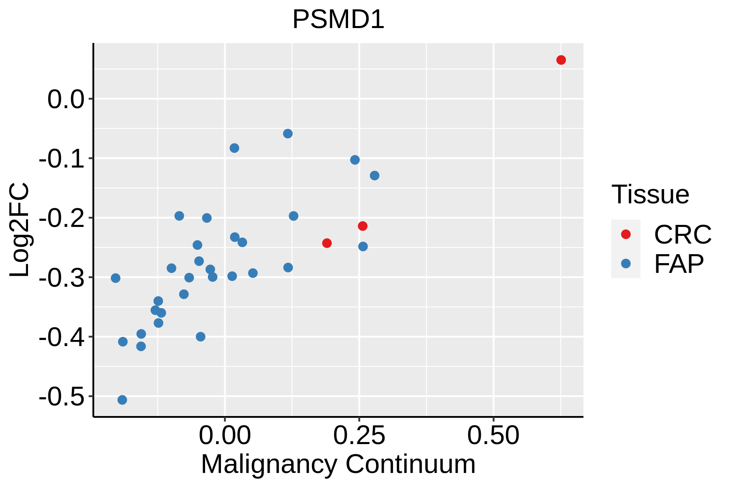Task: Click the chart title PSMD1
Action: [x=338, y=20]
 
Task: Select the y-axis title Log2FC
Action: [x=19, y=230]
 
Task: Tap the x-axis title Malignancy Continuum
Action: [x=338, y=464]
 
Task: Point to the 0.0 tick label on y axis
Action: [x=65, y=99]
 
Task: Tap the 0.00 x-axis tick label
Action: [x=225, y=436]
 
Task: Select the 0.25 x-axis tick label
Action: [x=359, y=436]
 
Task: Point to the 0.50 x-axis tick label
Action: [x=493, y=436]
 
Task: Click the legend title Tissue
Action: [x=650, y=194]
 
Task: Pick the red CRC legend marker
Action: [x=626, y=234]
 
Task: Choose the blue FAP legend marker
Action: [x=626, y=264]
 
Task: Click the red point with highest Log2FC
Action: [x=561, y=60]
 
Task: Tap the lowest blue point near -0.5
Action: [x=122, y=400]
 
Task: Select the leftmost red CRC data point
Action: [x=327, y=243]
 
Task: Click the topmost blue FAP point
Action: [x=288, y=134]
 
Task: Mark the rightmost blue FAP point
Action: [x=374, y=176]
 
